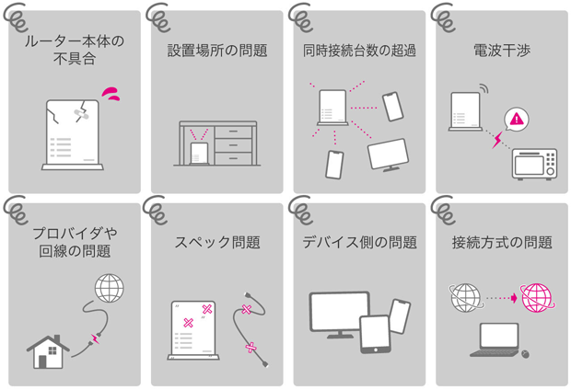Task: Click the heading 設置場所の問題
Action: tap(217, 51)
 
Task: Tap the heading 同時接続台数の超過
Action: tap(359, 51)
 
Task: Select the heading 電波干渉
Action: tap(502, 51)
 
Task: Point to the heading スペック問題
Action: tap(217, 242)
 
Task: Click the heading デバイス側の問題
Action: tap(359, 242)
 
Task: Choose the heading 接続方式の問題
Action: tap(502, 242)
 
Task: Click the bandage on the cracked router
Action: tap(81, 114)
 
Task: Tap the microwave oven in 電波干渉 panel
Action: tap(534, 164)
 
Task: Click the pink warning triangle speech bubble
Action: tap(517, 120)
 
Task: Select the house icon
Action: tap(48, 351)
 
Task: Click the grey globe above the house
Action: tap(109, 288)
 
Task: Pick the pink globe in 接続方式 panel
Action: tap(537, 298)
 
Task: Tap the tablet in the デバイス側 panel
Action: tap(375, 334)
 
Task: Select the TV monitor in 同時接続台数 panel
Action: tap(389, 155)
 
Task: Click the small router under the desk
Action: tap(199, 154)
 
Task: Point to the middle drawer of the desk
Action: tap(233, 145)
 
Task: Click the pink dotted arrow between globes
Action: tap(501, 298)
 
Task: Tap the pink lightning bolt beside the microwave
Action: tap(497, 140)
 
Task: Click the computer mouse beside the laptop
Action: tap(525, 353)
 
